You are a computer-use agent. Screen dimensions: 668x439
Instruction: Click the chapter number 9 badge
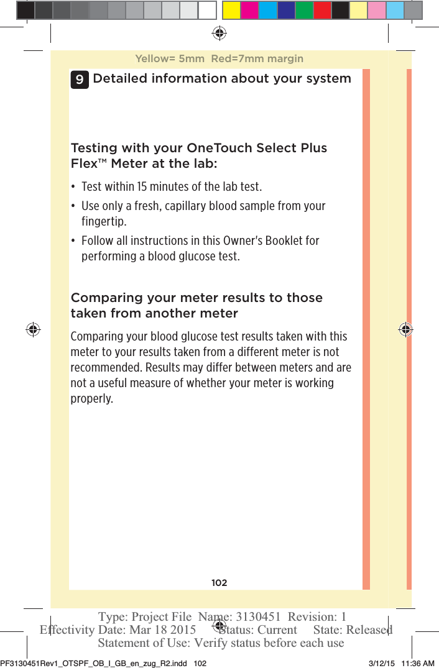click(x=79, y=79)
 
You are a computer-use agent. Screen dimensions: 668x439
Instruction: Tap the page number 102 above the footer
click(x=219, y=583)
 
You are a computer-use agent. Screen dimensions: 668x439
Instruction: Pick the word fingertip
click(x=103, y=222)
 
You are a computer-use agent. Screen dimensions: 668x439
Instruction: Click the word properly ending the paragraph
click(x=91, y=398)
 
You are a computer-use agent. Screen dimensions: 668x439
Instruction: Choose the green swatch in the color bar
click(x=304, y=10)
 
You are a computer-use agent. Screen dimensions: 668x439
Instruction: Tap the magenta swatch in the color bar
click(x=250, y=10)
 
